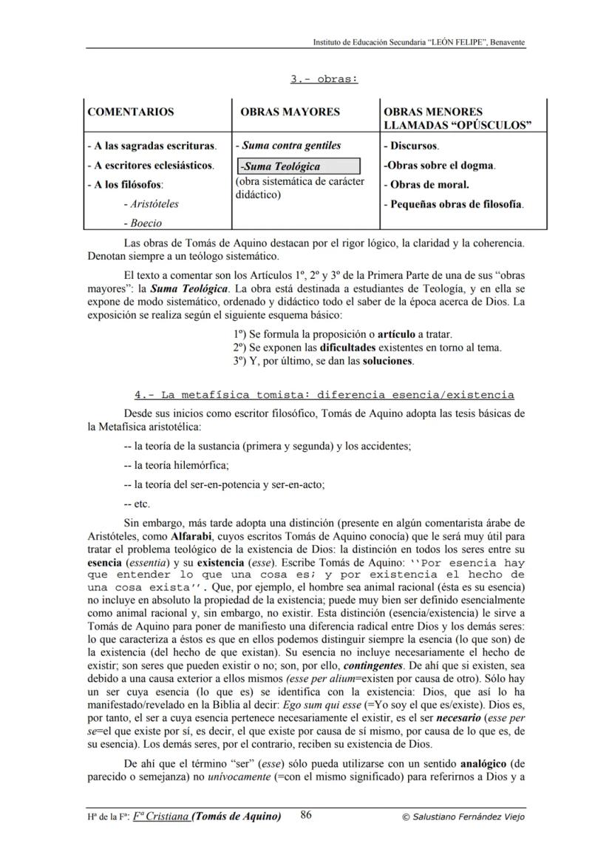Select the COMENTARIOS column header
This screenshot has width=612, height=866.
pos(131,112)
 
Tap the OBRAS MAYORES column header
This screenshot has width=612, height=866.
pos(290,112)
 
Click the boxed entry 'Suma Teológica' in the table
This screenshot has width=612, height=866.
pos(298,166)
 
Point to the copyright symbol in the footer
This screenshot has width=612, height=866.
pos(405,817)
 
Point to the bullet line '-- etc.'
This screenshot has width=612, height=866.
pos(137,504)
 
